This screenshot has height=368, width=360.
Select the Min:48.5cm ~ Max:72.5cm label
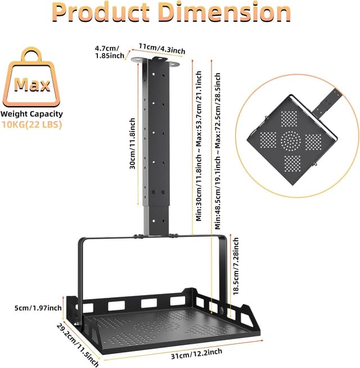[218, 152]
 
